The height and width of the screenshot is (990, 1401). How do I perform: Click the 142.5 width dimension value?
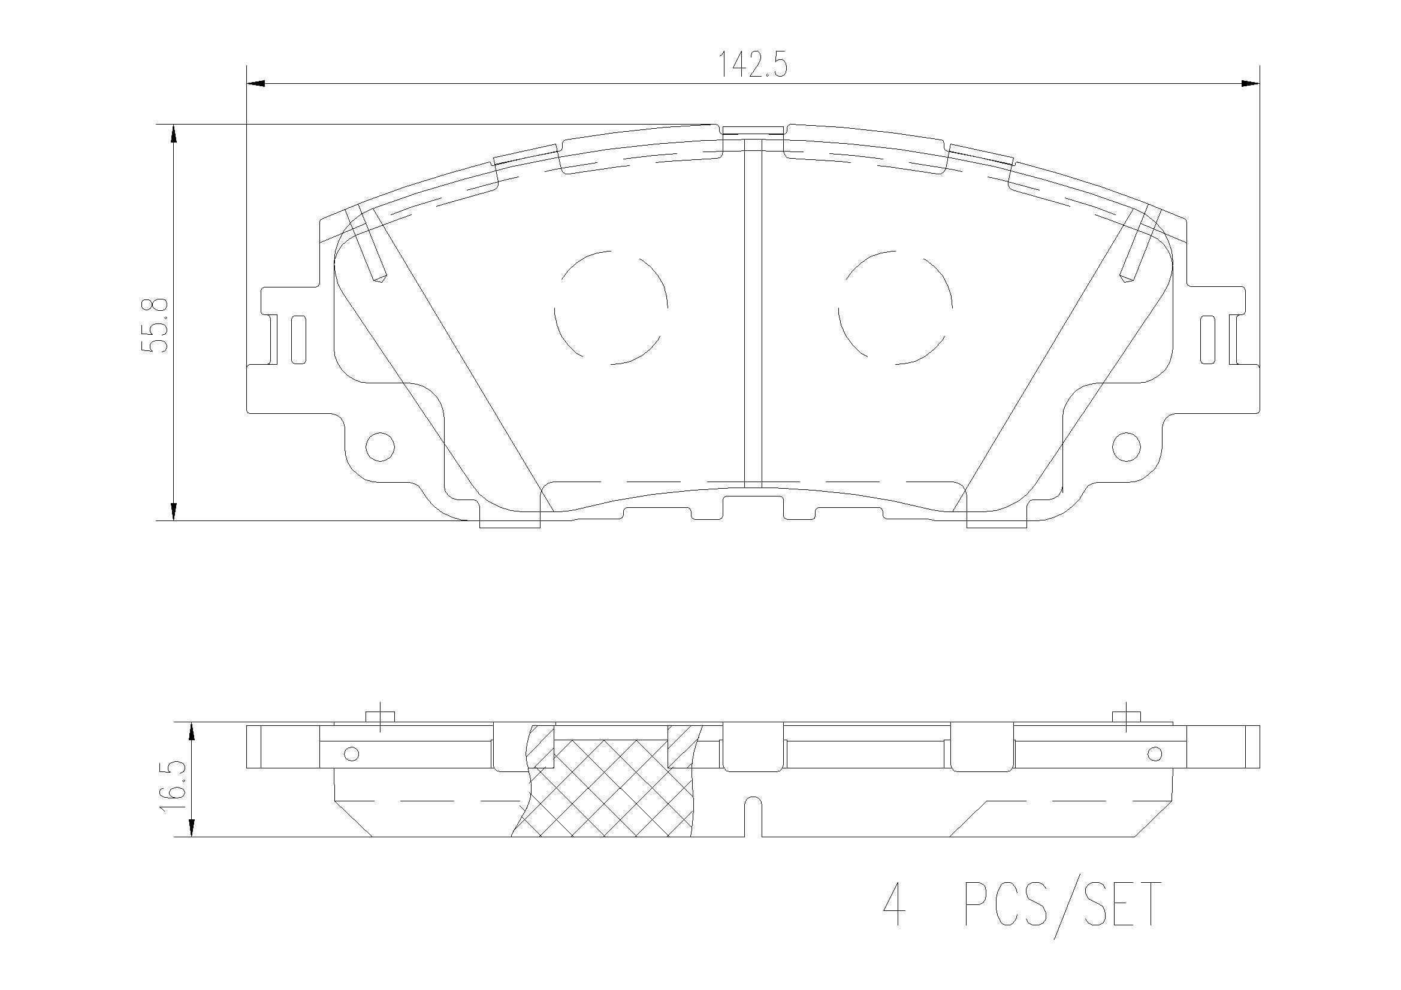pyautogui.click(x=751, y=64)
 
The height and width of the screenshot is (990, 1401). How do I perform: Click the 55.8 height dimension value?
pyautogui.click(x=154, y=325)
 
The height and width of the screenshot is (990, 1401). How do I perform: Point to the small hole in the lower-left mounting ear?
pyautogui.click(x=379, y=447)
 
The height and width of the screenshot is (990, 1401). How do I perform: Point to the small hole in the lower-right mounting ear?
pyautogui.click(x=1127, y=447)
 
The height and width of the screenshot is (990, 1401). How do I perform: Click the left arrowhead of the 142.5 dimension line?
pyautogui.click(x=255, y=83)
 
